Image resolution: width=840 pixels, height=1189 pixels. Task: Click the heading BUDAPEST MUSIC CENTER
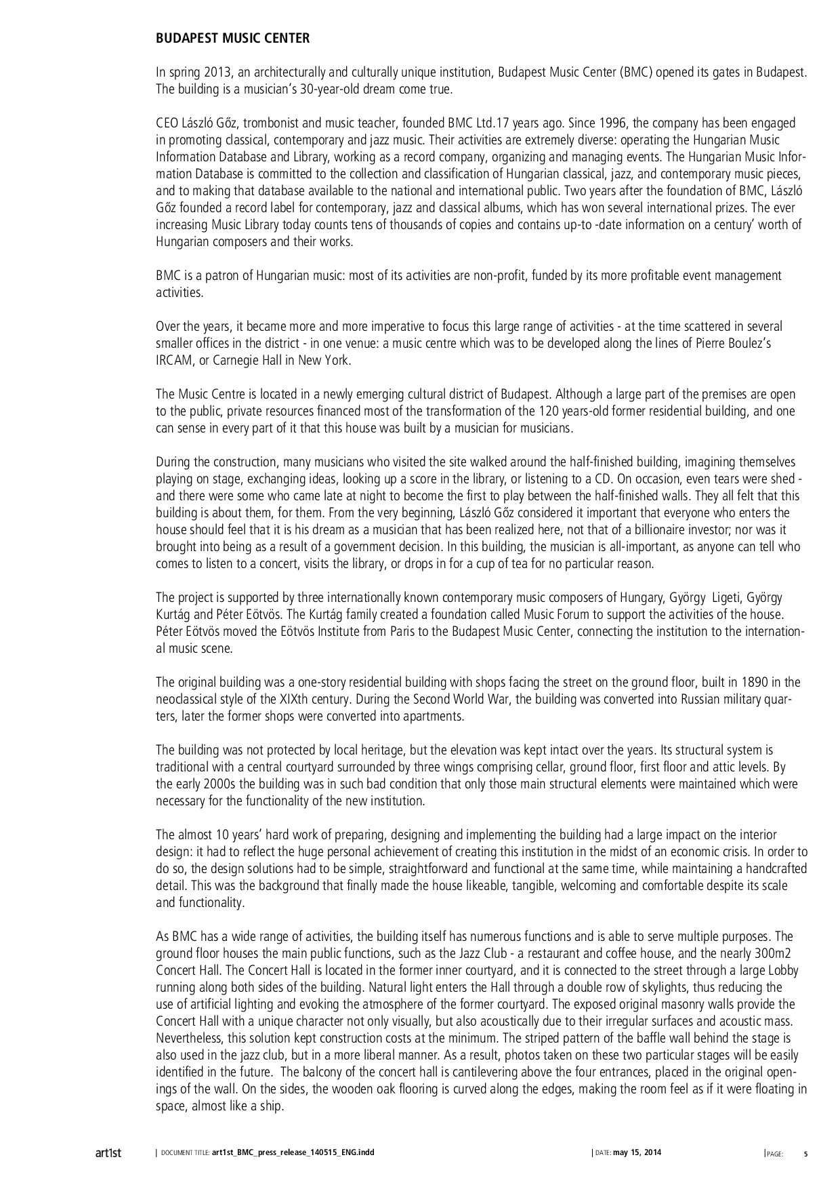pyautogui.click(x=232, y=39)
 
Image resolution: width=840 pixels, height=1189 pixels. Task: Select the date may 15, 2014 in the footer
pyautogui.click(x=637, y=1152)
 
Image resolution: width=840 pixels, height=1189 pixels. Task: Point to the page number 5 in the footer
pyautogui.click(x=805, y=1153)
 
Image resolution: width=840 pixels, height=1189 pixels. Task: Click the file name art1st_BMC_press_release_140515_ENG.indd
pyautogui.click(x=293, y=1152)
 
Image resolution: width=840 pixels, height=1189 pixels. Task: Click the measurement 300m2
pyautogui.click(x=778, y=954)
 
